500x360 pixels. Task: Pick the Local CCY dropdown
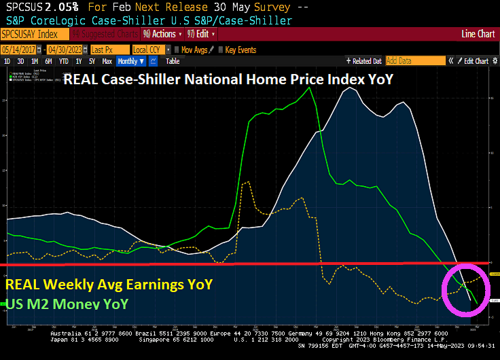pos(149,50)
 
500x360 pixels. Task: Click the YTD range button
pos(64,61)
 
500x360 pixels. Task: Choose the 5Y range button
pos(92,61)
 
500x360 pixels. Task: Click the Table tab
pos(173,61)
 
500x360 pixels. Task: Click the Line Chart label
pos(478,33)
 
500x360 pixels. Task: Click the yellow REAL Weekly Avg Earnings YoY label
pos(109,284)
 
